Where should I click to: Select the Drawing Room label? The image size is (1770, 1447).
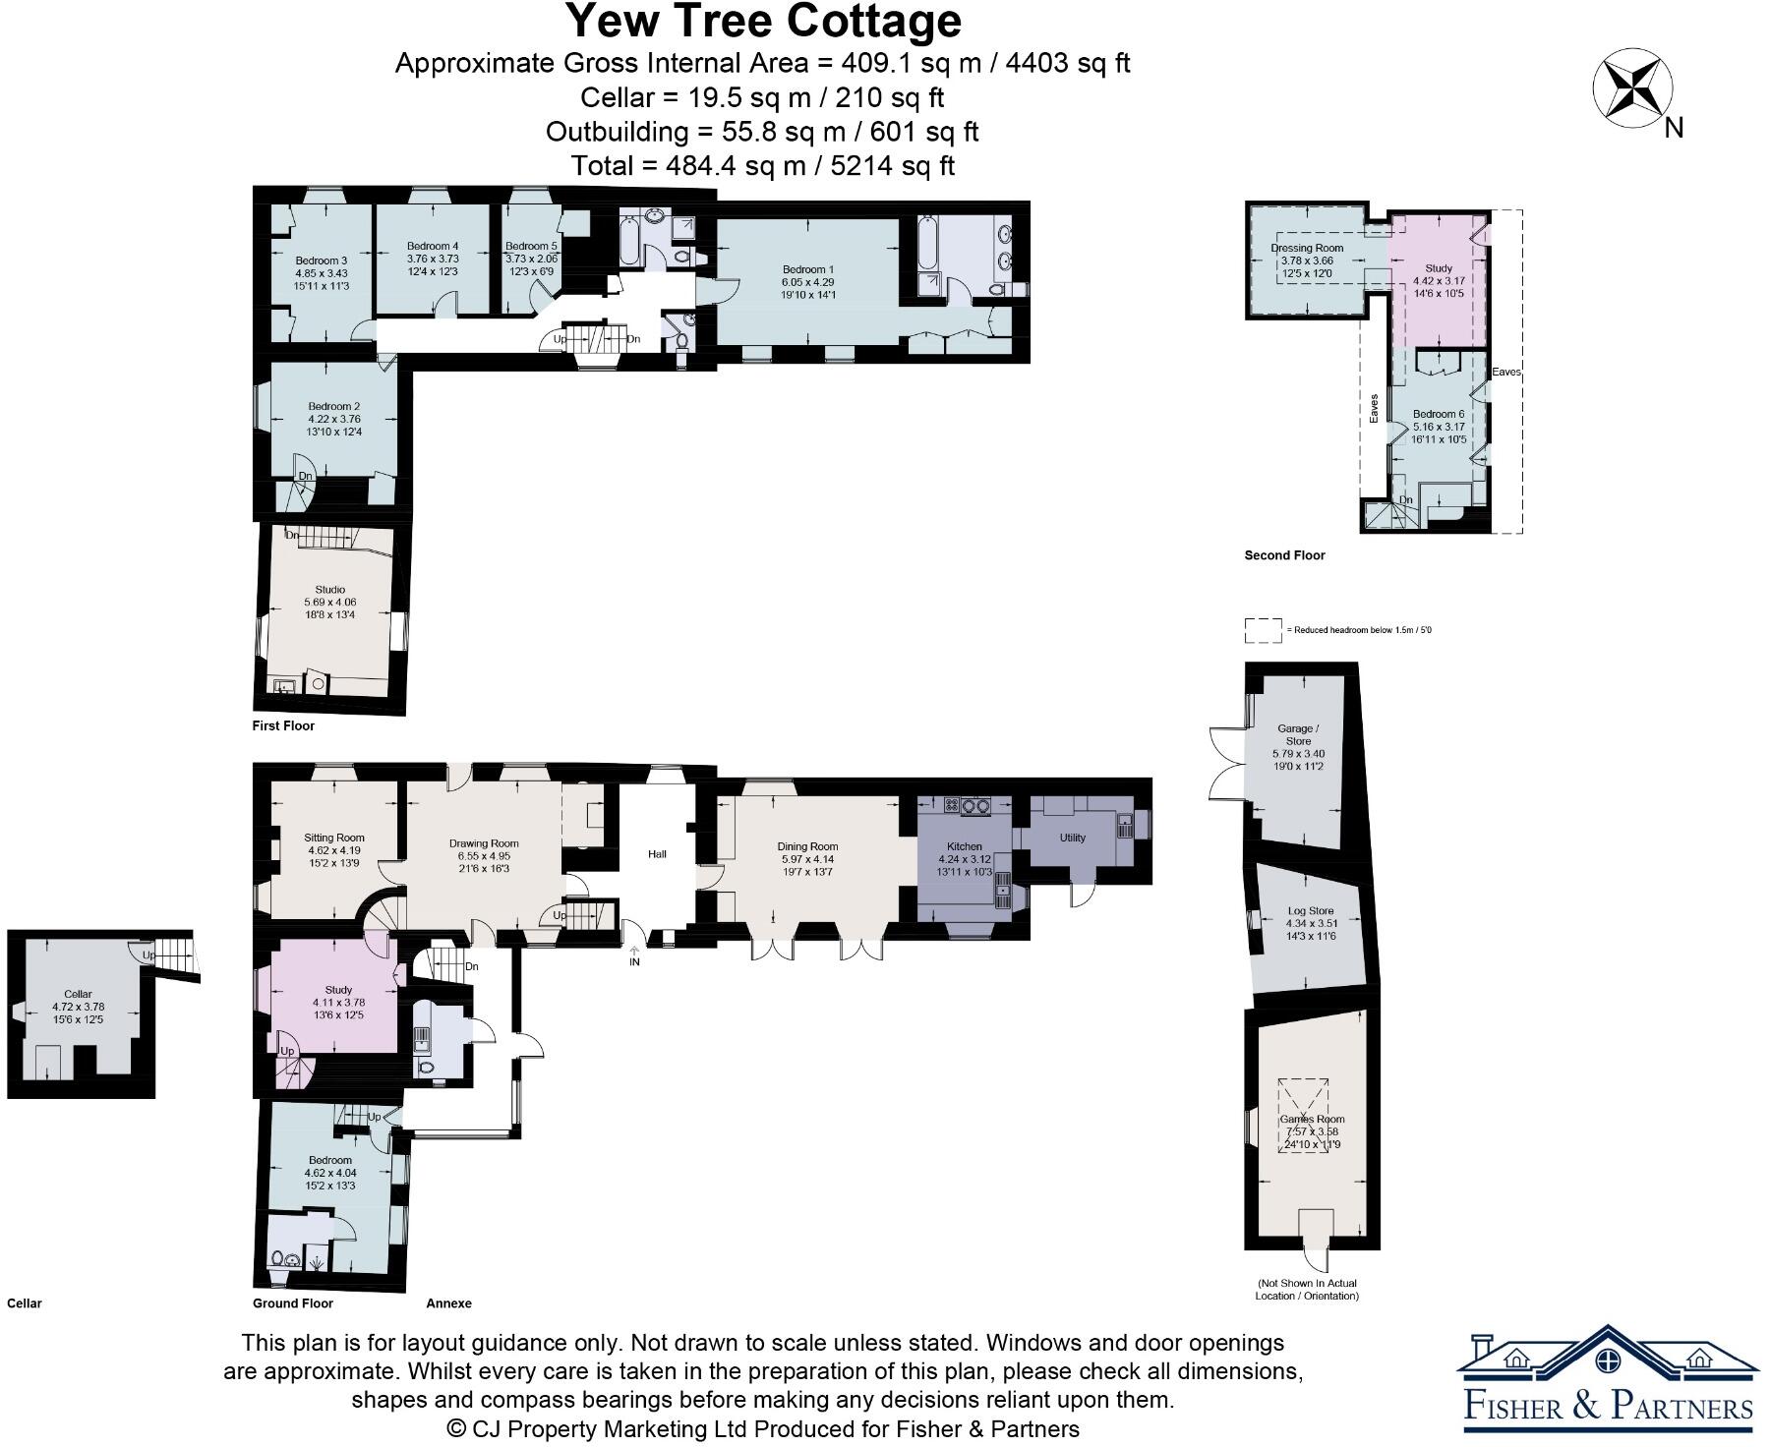[484, 843]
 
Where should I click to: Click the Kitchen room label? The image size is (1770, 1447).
[964, 846]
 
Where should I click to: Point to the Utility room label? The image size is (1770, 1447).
[1072, 838]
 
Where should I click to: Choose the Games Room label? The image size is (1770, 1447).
[1312, 1119]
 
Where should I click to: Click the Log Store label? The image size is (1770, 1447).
[1310, 911]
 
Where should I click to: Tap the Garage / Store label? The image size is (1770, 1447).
[1298, 734]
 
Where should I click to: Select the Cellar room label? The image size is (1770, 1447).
[78, 994]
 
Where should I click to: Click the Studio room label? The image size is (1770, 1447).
[329, 590]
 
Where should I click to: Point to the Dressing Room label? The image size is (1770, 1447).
[1306, 248]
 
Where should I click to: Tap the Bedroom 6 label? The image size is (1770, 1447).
[1439, 414]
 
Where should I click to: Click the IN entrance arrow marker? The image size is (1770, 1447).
[634, 956]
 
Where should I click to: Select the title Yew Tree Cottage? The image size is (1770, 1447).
[763, 22]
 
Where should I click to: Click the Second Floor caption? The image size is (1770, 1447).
[1284, 555]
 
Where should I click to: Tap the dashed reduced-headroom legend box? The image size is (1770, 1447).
[1263, 630]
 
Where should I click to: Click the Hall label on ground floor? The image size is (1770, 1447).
[657, 853]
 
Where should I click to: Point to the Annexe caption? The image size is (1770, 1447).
[448, 1303]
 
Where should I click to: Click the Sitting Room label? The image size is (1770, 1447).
[334, 838]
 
